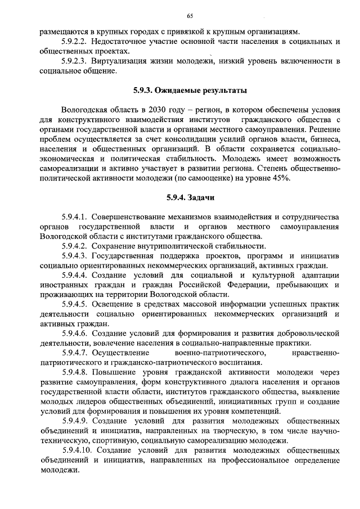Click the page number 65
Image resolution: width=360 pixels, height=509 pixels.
click(x=190, y=16)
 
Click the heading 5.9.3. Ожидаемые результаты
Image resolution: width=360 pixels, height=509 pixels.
click(x=190, y=90)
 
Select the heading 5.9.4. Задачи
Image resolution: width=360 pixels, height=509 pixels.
click(x=190, y=197)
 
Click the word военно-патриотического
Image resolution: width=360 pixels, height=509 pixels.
click(x=224, y=353)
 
